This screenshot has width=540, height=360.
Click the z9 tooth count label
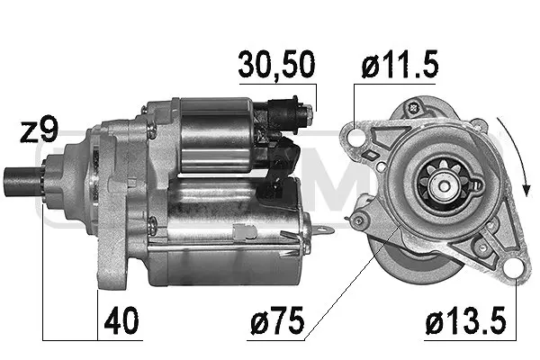pyautogui.click(x=39, y=131)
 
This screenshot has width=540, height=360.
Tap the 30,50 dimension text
pyautogui.click(x=276, y=65)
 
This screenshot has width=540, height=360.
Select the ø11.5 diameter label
pyautogui.click(x=400, y=64)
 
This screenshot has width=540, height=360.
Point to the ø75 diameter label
pyautogui.click(x=277, y=320)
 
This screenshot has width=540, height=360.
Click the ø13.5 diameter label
pyautogui.click(x=466, y=320)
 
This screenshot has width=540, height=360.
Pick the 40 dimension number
pyautogui.click(x=121, y=320)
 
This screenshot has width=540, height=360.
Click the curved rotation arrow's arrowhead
pyautogui.click(x=526, y=190)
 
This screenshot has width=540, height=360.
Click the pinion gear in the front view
pyautogui.click(x=444, y=185)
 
